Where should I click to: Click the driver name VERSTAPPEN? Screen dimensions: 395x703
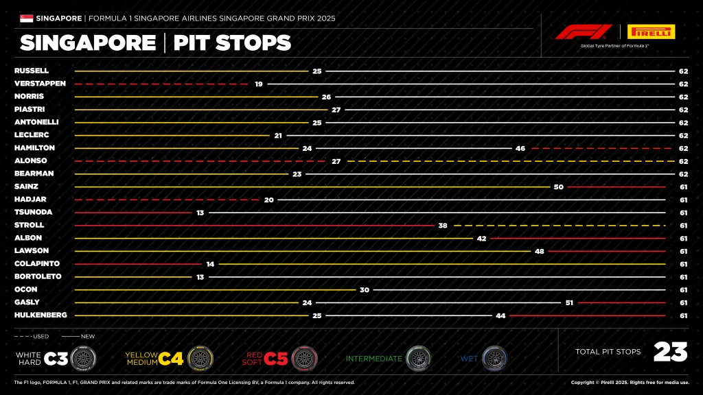tap(40, 84)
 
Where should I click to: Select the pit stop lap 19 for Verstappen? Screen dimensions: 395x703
tap(259, 84)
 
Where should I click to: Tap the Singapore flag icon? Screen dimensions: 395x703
tap(27, 18)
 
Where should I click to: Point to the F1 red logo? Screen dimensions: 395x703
tap(584, 32)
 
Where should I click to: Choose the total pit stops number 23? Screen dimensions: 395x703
tap(670, 352)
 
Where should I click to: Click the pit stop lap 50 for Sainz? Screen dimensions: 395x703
tap(558, 187)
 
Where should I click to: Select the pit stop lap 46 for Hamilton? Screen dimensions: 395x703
tap(520, 148)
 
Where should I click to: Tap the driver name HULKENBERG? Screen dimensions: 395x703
tap(41, 315)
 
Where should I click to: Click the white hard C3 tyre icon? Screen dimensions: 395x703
tap(83, 358)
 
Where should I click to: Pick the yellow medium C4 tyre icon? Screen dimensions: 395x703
tap(200, 358)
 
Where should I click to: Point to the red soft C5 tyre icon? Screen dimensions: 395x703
tap(304, 358)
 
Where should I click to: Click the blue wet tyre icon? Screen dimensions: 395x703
tap(494, 358)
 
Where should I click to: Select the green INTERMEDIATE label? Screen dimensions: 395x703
tap(374, 359)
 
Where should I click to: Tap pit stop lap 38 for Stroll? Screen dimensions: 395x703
tap(443, 225)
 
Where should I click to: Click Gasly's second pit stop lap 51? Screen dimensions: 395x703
tap(569, 302)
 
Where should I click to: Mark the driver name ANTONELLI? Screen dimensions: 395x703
tap(36, 122)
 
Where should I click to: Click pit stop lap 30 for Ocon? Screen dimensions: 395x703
tap(365, 289)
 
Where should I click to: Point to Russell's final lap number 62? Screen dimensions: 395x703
tap(683, 71)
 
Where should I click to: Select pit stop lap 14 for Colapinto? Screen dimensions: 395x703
tap(210, 263)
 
